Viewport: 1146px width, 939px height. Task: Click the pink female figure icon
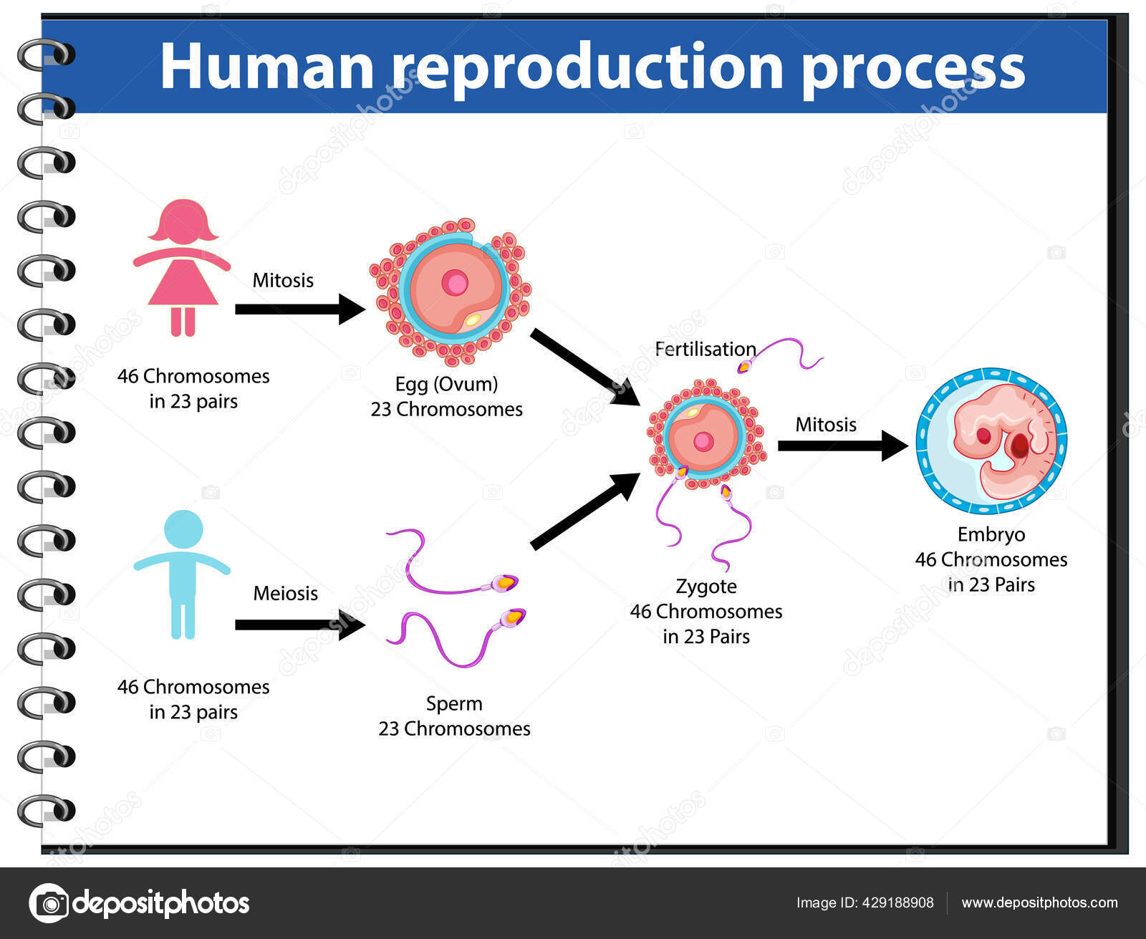coord(183,269)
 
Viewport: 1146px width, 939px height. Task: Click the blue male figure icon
coord(182,573)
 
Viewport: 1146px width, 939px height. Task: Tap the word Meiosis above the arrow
coord(285,593)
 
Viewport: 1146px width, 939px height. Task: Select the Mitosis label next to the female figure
coord(283,280)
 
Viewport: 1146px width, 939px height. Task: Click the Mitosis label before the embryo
coord(826,425)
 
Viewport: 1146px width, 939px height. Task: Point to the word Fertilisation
coord(706,349)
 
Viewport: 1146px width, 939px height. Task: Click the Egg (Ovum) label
coord(446,384)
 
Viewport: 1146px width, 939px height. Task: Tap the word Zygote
coord(706,587)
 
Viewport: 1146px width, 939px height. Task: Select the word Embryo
coord(991,534)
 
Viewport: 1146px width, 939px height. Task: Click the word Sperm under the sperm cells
coord(454,703)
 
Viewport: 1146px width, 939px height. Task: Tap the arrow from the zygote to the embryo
coord(842,446)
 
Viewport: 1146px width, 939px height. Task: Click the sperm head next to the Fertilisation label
coord(745,367)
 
